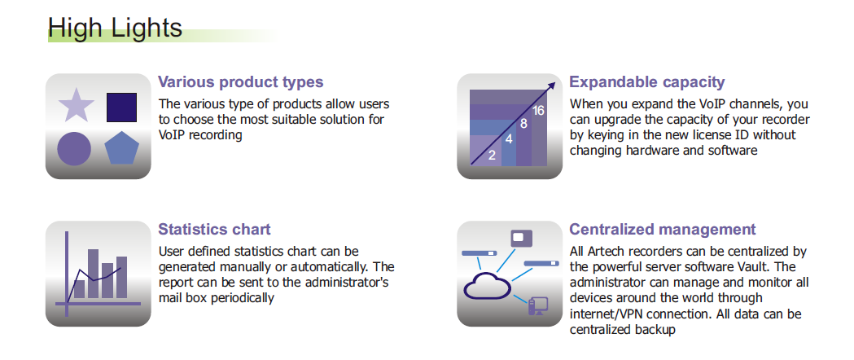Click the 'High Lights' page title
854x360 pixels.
tap(115, 27)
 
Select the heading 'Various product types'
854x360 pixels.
tap(240, 82)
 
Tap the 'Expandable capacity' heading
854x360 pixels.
tap(647, 82)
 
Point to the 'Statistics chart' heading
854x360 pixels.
tap(214, 230)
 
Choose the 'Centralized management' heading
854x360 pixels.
tap(663, 230)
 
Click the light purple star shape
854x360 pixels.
tap(77, 106)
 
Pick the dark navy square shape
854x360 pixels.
tap(121, 108)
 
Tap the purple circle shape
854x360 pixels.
tap(74, 149)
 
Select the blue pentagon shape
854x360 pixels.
tap(121, 148)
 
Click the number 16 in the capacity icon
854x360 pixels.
tap(538, 111)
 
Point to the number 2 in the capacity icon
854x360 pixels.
tap(492, 156)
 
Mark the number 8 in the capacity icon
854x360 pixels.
tap(523, 124)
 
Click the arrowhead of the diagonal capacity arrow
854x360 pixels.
tap(551, 86)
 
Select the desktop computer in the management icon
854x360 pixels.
tap(537, 306)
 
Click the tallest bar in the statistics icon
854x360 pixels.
tap(93, 274)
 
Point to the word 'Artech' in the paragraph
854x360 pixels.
tap(605, 252)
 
